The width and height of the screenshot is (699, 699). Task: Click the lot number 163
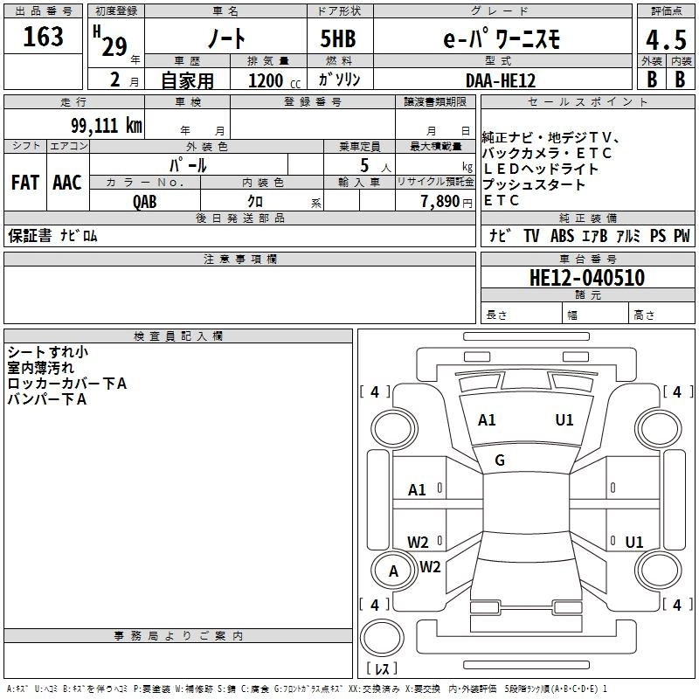tap(44, 37)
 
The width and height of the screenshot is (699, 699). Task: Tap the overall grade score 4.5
tap(664, 38)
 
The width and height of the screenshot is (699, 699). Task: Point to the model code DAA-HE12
tap(501, 80)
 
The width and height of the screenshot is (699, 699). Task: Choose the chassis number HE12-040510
tap(587, 278)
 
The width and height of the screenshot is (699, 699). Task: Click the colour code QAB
tap(145, 200)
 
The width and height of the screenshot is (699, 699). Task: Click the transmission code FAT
tap(24, 183)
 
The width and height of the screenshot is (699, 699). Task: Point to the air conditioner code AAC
tap(66, 183)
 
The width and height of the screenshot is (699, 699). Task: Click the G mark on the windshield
tap(500, 460)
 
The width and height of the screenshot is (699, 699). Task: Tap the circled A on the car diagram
tap(393, 571)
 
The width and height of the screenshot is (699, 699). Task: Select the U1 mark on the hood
tap(564, 420)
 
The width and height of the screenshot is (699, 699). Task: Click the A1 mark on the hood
tap(487, 420)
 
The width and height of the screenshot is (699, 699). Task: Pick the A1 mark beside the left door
tap(418, 490)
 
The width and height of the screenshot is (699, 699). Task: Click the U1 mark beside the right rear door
tap(634, 543)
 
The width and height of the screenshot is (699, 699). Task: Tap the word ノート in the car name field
tap(225, 38)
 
